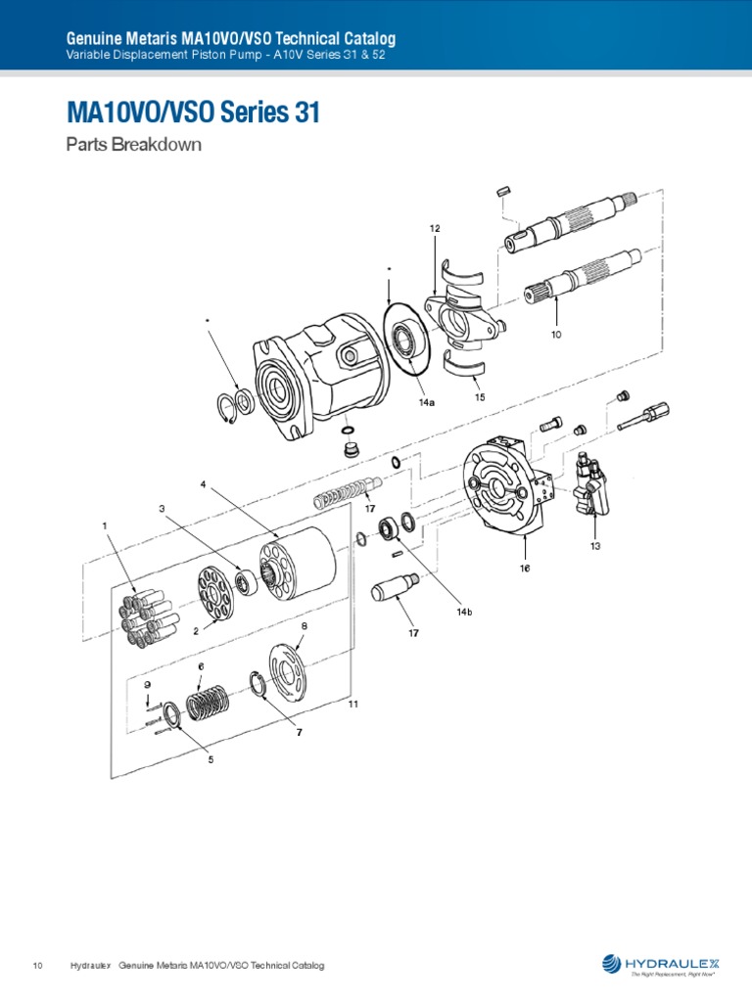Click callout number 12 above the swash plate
[434, 228]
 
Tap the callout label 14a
[426, 403]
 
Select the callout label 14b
[464, 612]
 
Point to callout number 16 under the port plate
[525, 568]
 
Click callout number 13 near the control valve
[595, 545]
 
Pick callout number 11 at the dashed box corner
[352, 704]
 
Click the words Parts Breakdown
[133, 145]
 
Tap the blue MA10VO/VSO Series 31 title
[193, 114]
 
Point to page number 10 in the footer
[38, 966]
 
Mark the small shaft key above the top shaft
[505, 191]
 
